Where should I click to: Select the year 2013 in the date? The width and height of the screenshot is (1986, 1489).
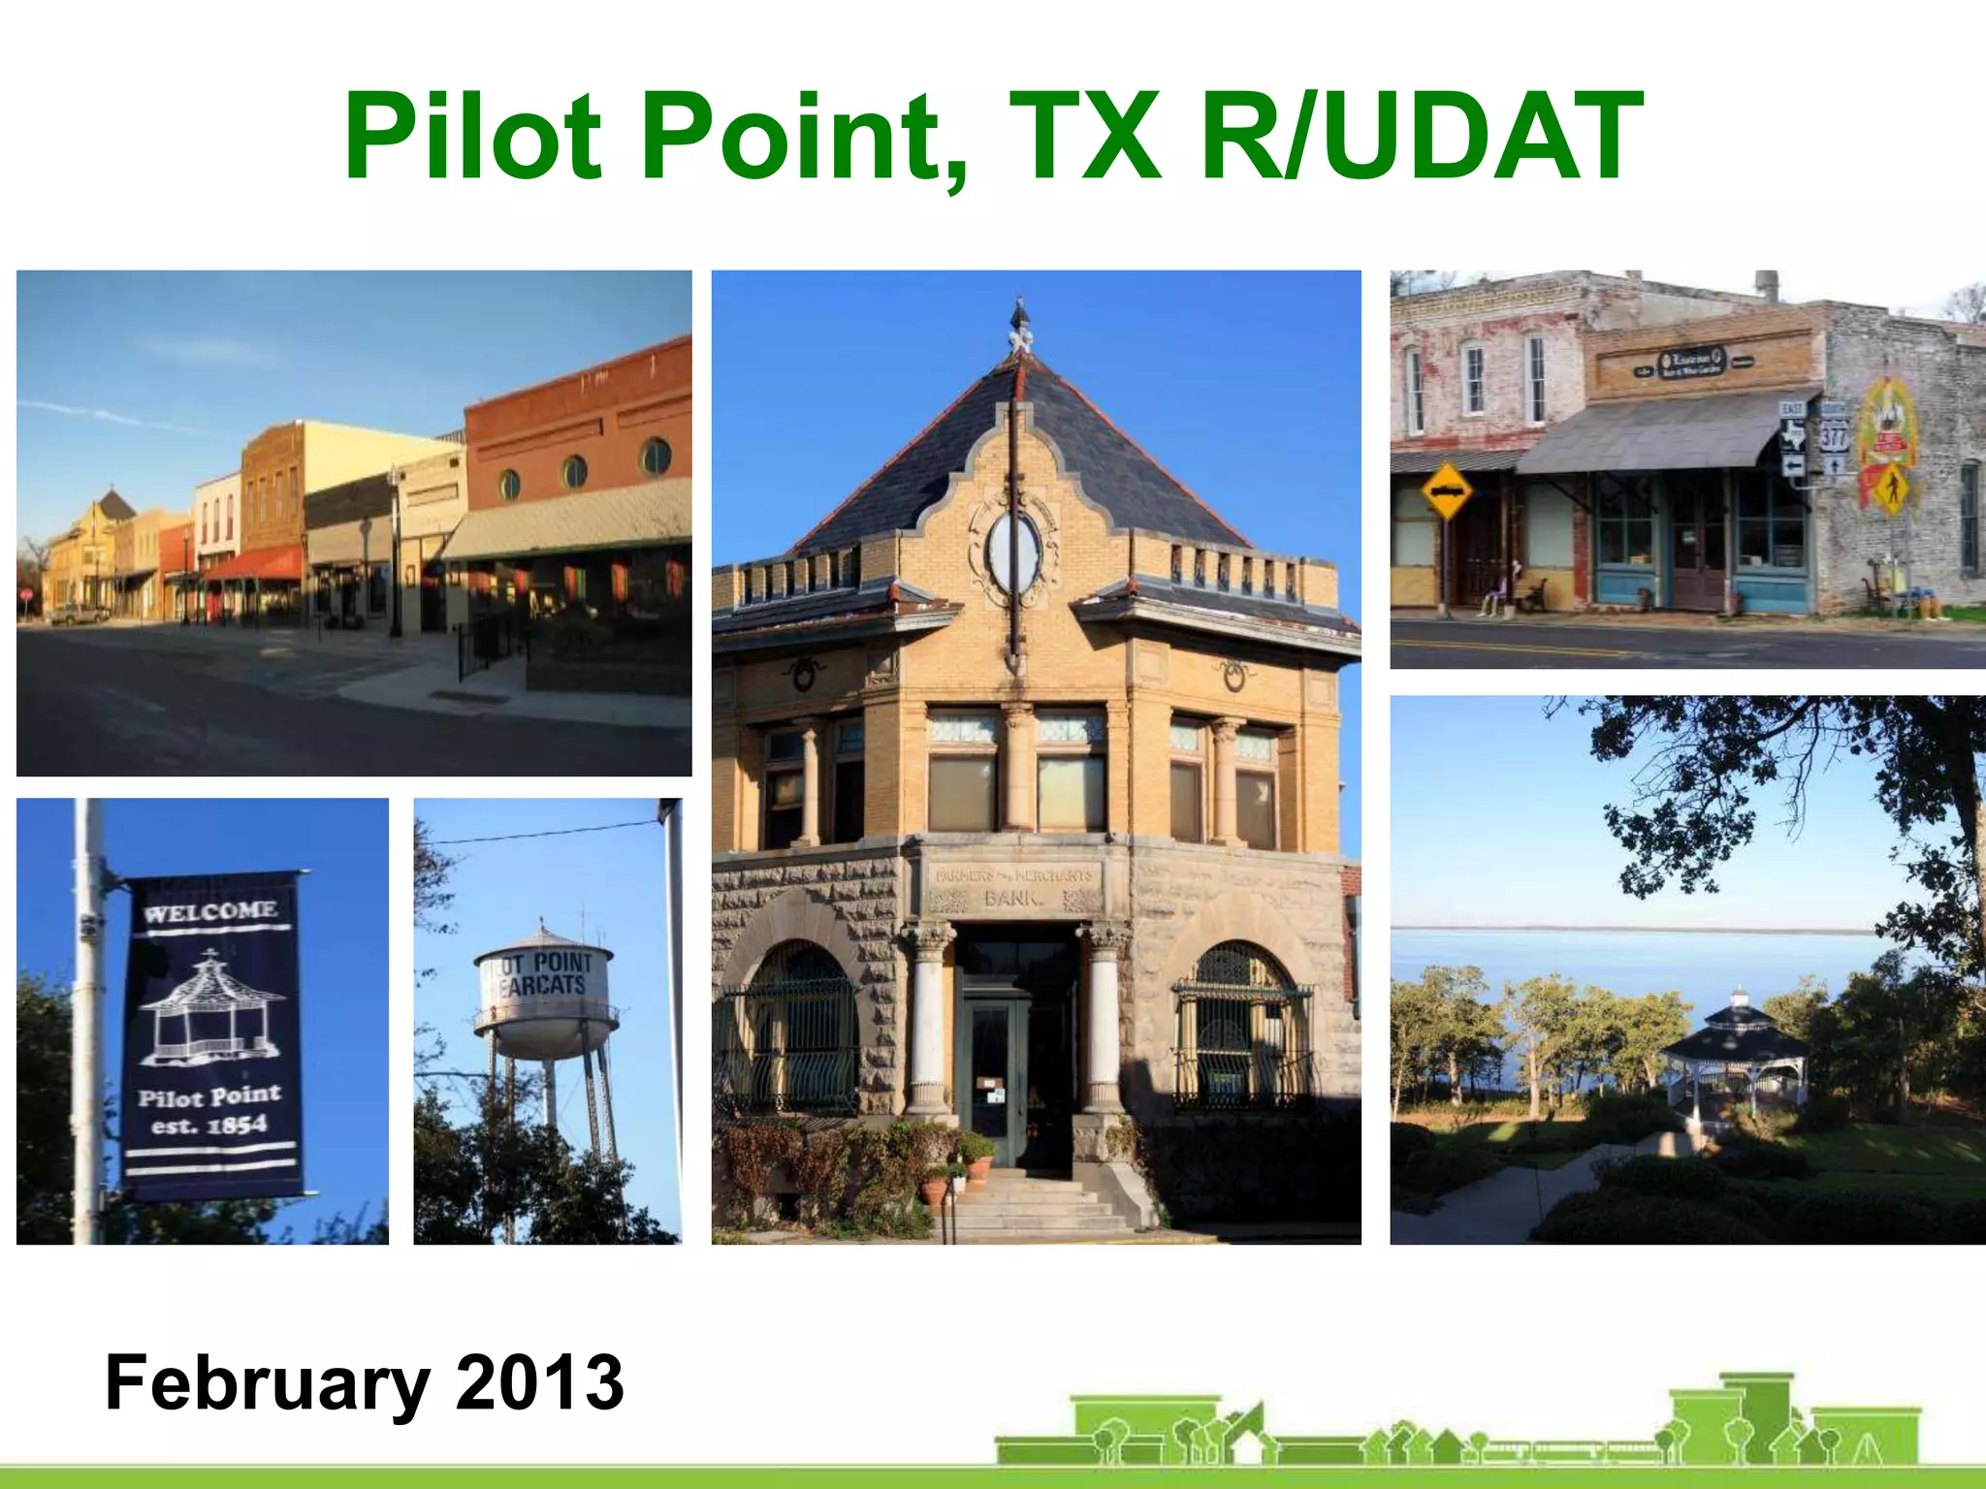click(x=539, y=1382)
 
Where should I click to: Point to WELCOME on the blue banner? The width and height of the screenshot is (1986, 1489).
click(x=210, y=911)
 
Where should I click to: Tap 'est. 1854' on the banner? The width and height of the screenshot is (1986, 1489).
click(x=208, y=1125)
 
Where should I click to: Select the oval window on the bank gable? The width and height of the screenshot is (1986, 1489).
click(x=1014, y=552)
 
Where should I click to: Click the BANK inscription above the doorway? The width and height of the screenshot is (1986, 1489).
click(x=1014, y=898)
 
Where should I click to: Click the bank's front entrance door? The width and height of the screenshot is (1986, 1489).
click(x=991, y=1081)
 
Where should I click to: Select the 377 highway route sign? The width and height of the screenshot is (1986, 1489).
click(x=1834, y=433)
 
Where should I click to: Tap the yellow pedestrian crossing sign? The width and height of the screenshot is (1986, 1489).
click(x=1890, y=490)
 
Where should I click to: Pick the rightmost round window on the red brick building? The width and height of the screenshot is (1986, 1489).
click(x=656, y=457)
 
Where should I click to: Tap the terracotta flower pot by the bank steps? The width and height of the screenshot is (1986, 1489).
click(x=979, y=1168)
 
